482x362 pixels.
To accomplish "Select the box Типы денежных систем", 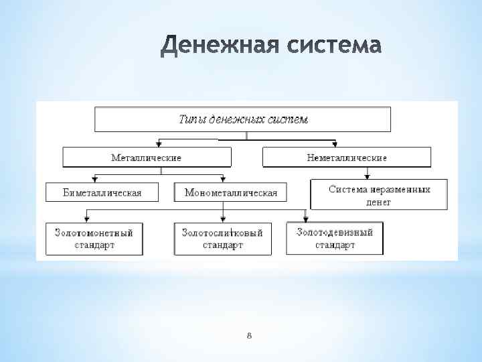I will [243, 119].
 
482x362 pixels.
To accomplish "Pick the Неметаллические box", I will [347, 158].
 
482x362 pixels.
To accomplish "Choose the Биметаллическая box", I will [102, 192].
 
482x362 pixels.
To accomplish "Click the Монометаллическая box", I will [230, 192].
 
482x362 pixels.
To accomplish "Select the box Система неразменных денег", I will [379, 195].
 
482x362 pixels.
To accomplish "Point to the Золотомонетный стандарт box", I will [94, 239].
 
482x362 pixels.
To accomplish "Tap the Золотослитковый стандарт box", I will [222, 239].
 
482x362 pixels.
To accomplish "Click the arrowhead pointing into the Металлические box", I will [159, 143].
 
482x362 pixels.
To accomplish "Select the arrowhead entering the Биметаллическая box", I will [95, 179].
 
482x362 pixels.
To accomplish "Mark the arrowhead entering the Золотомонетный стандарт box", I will [88, 219].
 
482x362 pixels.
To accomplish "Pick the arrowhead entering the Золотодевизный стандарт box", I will [305, 219].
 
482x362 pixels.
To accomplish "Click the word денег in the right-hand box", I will [379, 201].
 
